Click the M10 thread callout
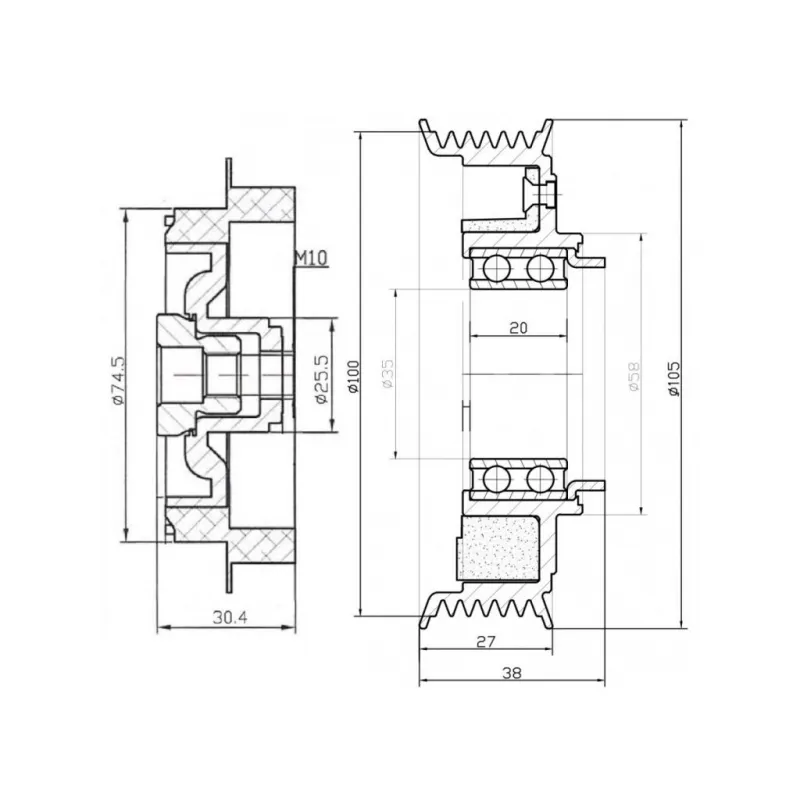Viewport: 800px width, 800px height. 311,258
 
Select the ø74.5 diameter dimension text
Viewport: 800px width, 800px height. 117,380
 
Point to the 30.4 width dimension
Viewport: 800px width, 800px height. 230,618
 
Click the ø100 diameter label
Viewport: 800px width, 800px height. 354,377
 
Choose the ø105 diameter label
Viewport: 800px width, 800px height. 674,379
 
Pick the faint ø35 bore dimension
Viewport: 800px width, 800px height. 388,374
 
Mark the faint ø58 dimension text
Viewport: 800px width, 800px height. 634,377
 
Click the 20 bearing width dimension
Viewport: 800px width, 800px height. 518,328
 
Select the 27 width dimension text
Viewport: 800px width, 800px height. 486,641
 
